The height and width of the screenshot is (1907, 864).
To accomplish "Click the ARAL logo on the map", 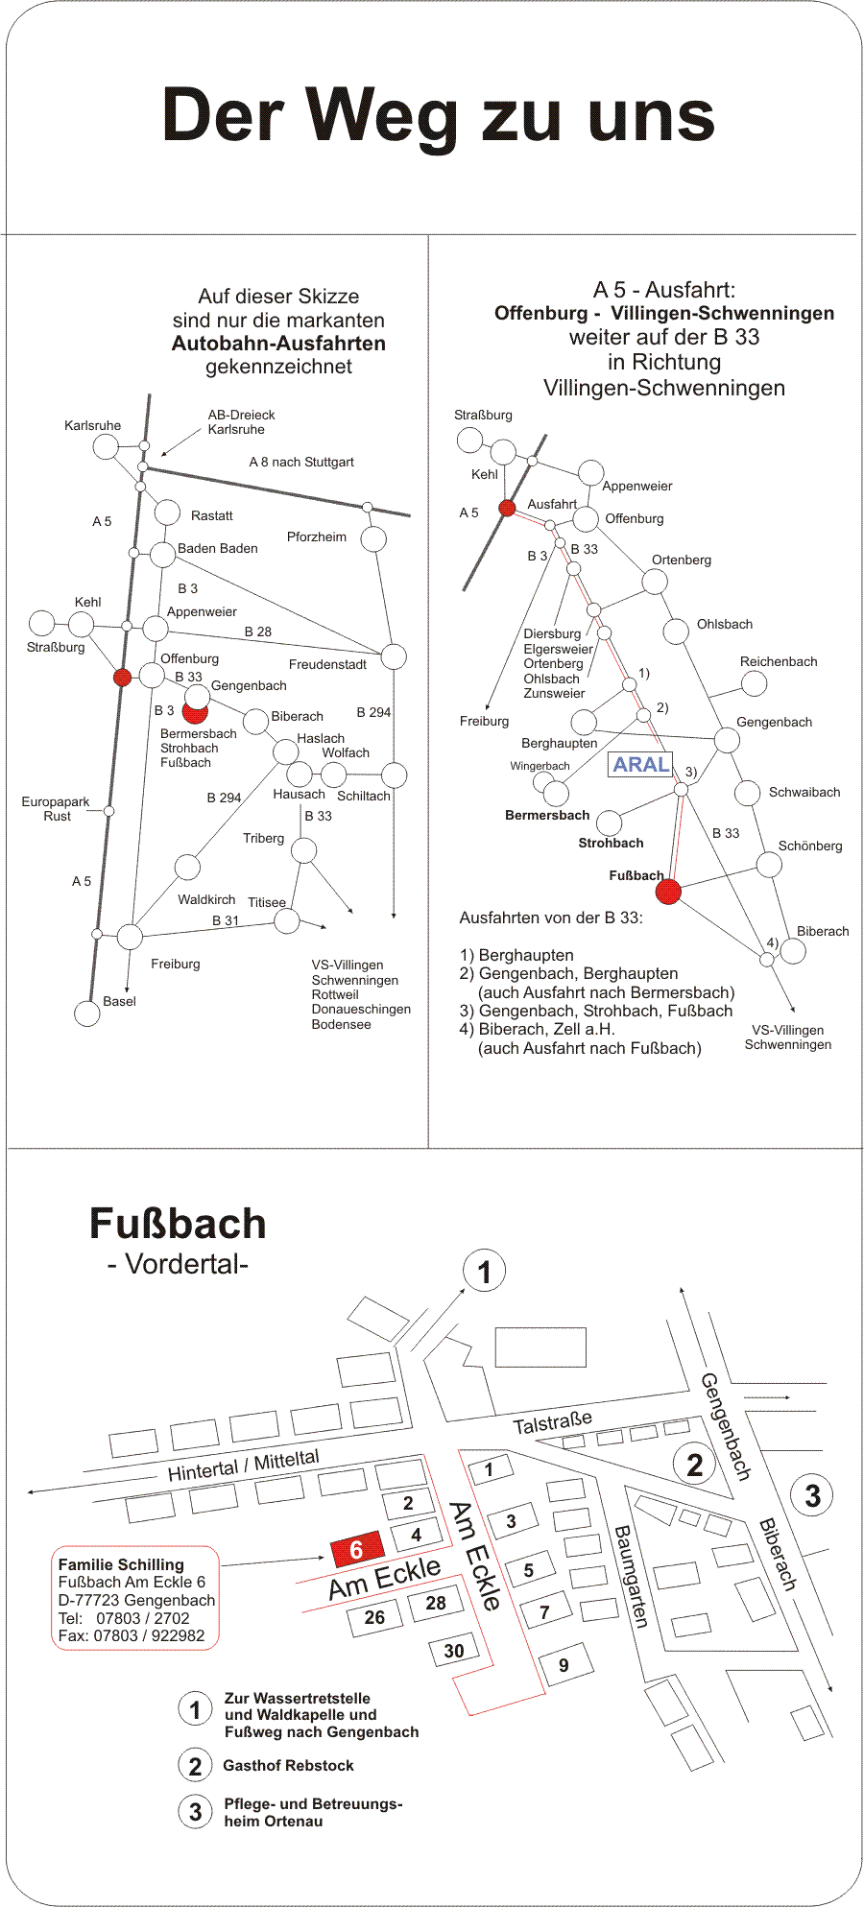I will [x=640, y=765].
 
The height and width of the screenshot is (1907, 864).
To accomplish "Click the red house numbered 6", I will [x=357, y=1549].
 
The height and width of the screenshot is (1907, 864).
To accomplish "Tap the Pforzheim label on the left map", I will [x=317, y=536].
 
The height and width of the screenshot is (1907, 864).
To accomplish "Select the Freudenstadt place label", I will [x=327, y=664].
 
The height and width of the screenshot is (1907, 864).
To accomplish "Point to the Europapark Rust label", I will [x=56, y=809].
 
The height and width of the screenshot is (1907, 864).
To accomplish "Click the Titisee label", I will [x=267, y=902].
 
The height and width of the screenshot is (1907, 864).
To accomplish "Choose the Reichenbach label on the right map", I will [x=779, y=661].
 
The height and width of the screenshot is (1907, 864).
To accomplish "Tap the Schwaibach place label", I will [x=804, y=792].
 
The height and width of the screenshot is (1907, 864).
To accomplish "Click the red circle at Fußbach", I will [x=668, y=892].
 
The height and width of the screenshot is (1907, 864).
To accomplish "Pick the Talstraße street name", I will [x=552, y=1422].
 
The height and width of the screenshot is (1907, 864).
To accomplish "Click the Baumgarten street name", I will [x=632, y=1576].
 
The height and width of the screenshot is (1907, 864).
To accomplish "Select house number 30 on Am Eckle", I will [x=454, y=1651].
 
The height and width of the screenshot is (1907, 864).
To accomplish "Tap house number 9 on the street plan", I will [x=564, y=1665].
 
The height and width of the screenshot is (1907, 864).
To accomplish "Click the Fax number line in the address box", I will [x=132, y=1635].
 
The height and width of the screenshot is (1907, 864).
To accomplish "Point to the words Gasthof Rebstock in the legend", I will [x=288, y=1765].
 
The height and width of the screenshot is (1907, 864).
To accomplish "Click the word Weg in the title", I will [x=383, y=117].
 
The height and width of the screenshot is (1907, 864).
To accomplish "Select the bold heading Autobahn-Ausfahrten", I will [x=278, y=344].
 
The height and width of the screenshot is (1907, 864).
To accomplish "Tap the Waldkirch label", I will [x=206, y=899].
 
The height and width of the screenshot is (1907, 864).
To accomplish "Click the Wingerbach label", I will [x=540, y=766].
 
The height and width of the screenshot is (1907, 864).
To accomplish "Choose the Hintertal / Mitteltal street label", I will [x=243, y=1465].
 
